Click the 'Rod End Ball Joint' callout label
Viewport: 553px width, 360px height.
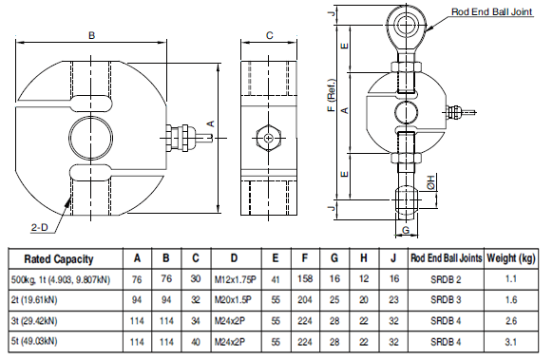click(x=491, y=11)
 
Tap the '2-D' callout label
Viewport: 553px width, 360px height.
click(x=40, y=227)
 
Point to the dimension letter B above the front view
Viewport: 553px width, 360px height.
click(x=92, y=35)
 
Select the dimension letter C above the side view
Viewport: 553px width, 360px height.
click(x=270, y=35)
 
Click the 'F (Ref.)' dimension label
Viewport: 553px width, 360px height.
click(x=332, y=95)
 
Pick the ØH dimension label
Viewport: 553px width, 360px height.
click(x=431, y=182)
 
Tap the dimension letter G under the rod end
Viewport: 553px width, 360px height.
click(x=406, y=230)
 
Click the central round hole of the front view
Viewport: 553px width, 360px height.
click(x=91, y=138)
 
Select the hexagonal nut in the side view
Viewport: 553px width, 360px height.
click(x=269, y=138)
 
